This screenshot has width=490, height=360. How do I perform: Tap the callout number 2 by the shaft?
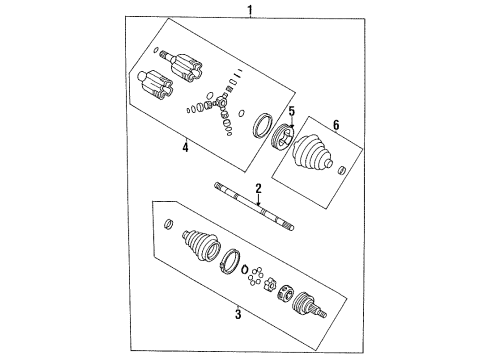pos(257,187)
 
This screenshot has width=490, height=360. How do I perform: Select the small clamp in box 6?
pos(344,171)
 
